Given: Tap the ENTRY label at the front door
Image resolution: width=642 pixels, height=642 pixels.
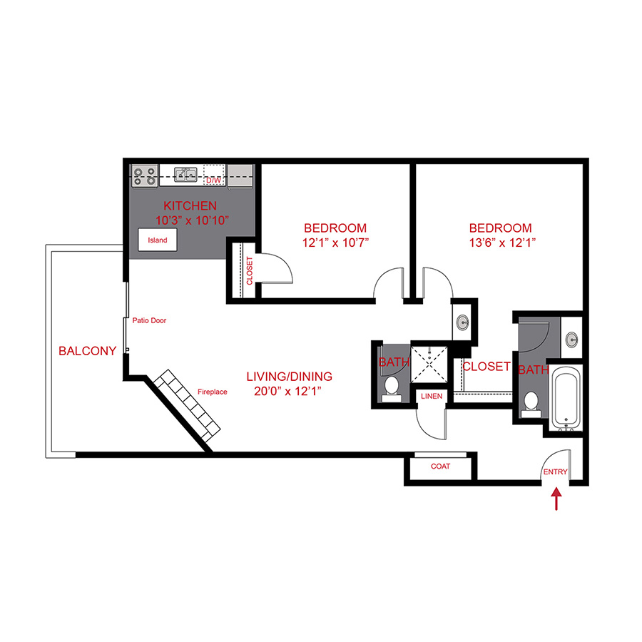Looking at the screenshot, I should point(556,472).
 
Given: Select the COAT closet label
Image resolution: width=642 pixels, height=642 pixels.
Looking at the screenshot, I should point(440,467).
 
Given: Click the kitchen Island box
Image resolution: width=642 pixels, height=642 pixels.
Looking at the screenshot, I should point(158,240).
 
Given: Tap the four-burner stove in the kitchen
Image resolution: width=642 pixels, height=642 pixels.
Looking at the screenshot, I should point(145,175).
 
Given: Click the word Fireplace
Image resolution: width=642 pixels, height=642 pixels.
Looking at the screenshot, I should point(212,392).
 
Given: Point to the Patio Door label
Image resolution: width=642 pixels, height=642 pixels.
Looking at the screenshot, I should point(149,321).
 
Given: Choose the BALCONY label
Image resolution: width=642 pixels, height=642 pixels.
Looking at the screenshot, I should point(87,351).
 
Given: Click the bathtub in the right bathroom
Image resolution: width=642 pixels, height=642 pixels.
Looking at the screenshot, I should point(568,399).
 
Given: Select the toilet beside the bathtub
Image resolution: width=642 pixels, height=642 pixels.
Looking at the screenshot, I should point(529,404).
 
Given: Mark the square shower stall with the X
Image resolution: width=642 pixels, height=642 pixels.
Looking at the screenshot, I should point(432,364).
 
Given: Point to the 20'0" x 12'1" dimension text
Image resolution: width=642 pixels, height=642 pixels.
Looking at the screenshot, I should point(289,390).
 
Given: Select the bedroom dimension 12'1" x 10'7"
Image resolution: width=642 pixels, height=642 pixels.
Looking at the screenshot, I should point(335,243).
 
